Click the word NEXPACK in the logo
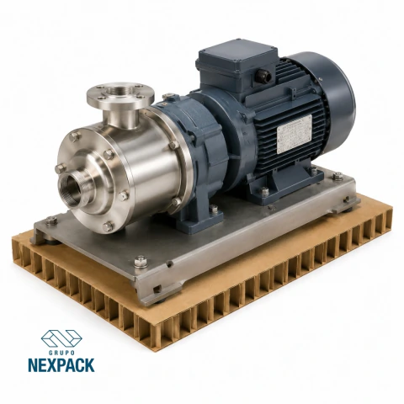61,365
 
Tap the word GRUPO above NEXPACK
61,353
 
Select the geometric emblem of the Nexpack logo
61,338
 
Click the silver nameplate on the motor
295,134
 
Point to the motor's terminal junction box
237,66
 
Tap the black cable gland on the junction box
264,75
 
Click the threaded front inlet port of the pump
73,188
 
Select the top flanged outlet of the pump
120,95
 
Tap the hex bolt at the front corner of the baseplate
140,261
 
